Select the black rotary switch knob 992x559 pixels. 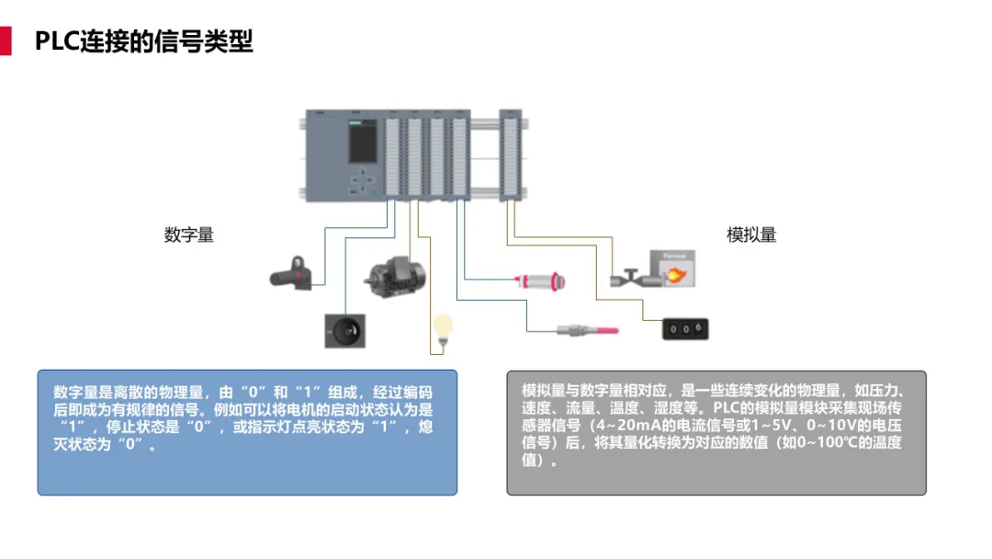coord(344,329)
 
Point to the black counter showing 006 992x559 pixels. coord(685,328)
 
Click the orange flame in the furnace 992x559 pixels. coord(675,273)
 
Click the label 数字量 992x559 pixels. coord(189,235)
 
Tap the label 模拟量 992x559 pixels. coord(751,235)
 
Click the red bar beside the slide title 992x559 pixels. coord(6,41)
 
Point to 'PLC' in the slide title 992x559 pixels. coord(57,41)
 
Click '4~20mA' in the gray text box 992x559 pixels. coord(625,426)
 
